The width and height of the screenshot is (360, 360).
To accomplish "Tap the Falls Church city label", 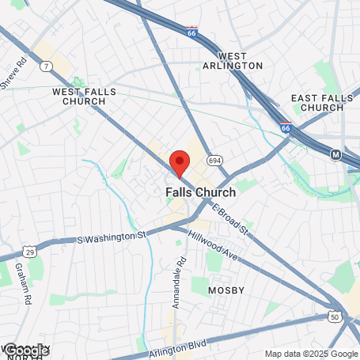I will [x=200, y=192].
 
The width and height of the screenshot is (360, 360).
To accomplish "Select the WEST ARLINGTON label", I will [x=239, y=60].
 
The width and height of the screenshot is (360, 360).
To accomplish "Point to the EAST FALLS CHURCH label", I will [x=321, y=102].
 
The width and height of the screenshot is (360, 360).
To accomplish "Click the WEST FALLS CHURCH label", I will [x=84, y=97].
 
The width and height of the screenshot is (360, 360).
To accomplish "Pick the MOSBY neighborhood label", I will [x=225, y=290].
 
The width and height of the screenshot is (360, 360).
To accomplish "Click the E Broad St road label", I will [x=230, y=219].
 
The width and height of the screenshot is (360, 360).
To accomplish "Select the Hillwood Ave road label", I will [x=214, y=246].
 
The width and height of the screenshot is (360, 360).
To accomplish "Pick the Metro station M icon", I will [x=335, y=153].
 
